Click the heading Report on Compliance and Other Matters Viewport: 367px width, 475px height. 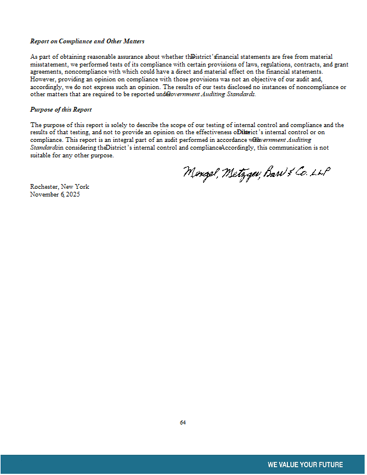click(x=87, y=42)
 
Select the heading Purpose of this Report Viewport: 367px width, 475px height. click(x=61, y=110)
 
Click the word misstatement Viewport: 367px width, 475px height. click(x=46, y=64)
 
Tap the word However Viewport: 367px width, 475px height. click(x=42, y=79)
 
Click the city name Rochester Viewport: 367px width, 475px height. click(x=44, y=186)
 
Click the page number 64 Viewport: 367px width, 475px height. click(x=183, y=423)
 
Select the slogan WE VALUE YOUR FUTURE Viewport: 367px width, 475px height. click(x=305, y=465)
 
